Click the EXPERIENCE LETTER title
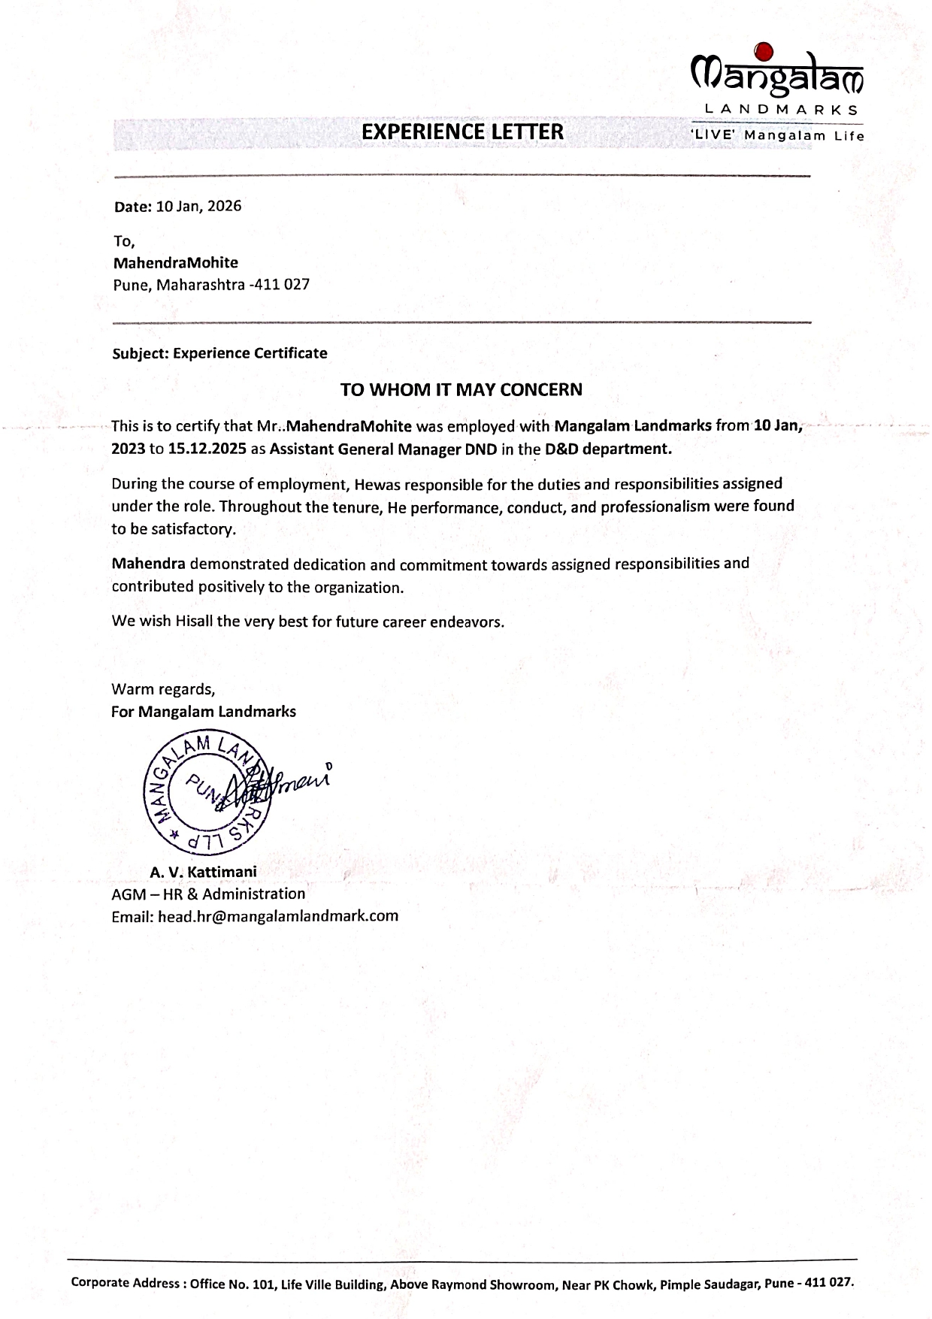pos(462,132)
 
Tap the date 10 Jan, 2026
pos(198,206)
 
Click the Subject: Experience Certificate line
pos(219,353)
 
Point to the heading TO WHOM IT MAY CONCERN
pos(461,389)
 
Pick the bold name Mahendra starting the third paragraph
pos(148,564)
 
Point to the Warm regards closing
pos(163,688)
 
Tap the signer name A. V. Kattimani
pos(203,872)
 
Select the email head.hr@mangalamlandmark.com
pos(277,916)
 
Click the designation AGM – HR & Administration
pos(208,894)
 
